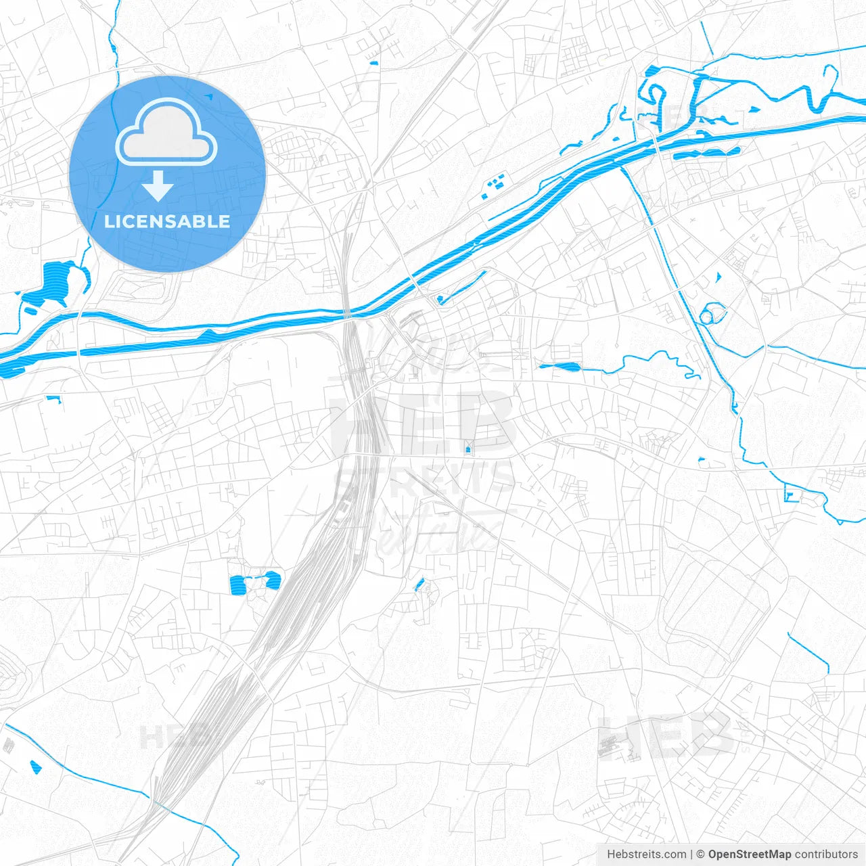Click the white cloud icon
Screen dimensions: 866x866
click(x=166, y=132)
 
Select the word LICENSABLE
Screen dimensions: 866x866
click(x=167, y=221)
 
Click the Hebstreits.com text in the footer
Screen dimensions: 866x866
click(x=646, y=854)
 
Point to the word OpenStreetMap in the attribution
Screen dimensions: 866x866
click(x=750, y=854)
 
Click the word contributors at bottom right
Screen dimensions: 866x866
click(x=826, y=854)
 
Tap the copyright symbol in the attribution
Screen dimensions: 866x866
click(x=701, y=854)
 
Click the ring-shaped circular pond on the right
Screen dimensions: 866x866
click(x=710, y=315)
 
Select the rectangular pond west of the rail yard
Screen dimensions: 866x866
click(x=239, y=585)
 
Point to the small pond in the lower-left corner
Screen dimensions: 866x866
click(x=35, y=767)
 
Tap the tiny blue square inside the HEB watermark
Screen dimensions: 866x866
click(x=468, y=449)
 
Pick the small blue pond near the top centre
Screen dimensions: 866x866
click(x=373, y=64)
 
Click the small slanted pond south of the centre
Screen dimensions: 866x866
click(x=419, y=585)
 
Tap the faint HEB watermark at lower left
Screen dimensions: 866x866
click(x=169, y=736)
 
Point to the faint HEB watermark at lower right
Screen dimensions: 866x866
click(x=666, y=734)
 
